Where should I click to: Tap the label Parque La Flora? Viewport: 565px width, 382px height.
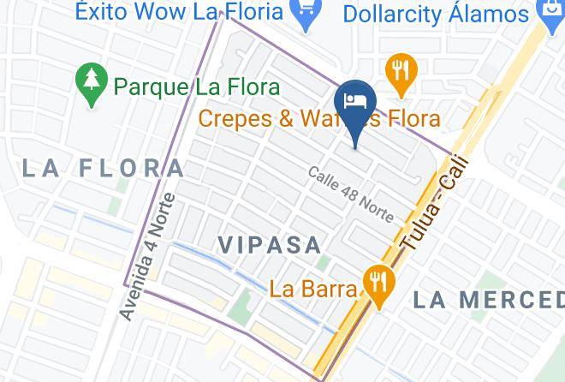point(197,87)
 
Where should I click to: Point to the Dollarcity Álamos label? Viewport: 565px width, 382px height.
point(436,14)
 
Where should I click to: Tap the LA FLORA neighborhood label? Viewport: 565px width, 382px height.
point(103,168)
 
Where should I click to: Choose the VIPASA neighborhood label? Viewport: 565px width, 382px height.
point(269,244)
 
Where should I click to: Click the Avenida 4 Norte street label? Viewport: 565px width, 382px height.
point(148,257)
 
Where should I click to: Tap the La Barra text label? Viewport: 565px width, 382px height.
point(312,289)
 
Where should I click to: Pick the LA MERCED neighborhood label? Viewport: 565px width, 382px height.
point(488,300)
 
